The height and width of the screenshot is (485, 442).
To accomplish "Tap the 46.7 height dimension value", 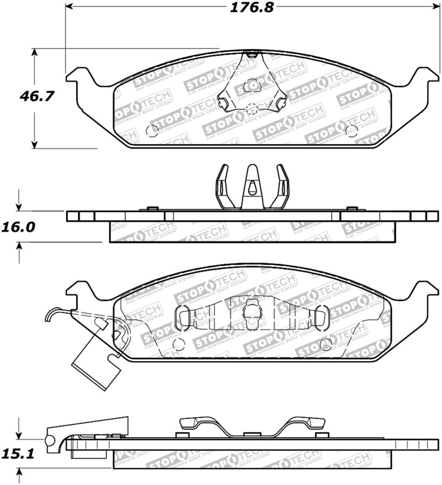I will coord(36,97).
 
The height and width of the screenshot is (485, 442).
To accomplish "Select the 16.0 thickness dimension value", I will coord(19,228).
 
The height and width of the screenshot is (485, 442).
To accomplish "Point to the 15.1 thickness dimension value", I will coord(19,454).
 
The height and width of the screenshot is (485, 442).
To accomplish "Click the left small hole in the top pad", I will coord(152,131).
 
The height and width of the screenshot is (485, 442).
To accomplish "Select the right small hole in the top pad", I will coord(351,130).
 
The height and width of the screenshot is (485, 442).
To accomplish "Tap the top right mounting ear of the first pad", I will coord(423,77).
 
